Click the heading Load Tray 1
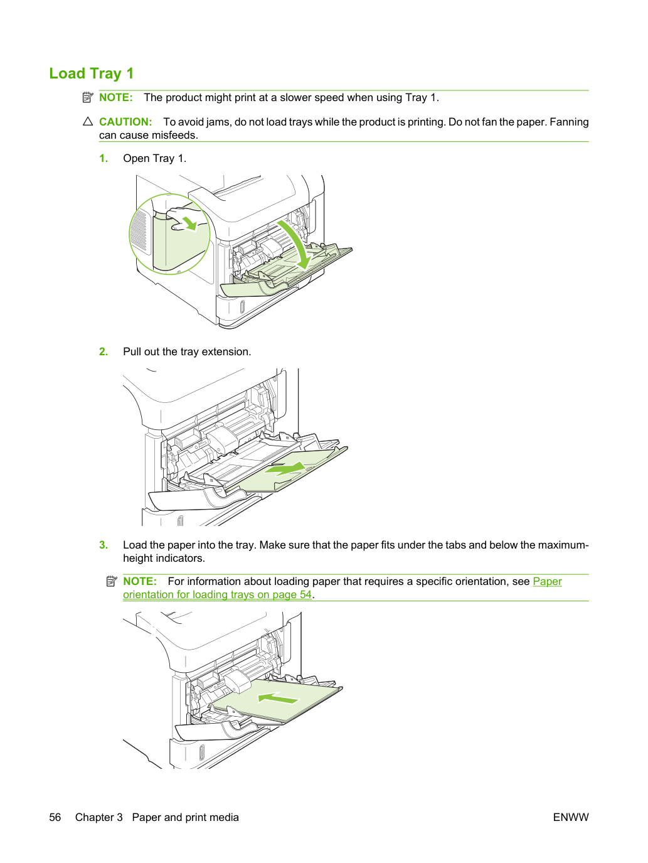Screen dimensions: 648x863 coord(91,73)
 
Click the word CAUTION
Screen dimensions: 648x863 coord(125,122)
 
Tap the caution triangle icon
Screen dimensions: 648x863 coord(88,122)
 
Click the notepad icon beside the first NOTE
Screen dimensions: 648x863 coord(88,97)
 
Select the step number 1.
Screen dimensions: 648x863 coord(104,158)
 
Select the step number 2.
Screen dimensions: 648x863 coord(104,351)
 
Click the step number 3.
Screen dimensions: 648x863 coord(104,545)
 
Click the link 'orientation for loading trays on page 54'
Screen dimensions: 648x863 coord(217,594)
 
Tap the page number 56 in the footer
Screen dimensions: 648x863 coord(55,817)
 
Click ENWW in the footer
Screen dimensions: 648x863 coord(571,817)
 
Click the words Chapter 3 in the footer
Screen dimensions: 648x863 coord(98,817)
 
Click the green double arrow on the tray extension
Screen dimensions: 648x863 coord(285,469)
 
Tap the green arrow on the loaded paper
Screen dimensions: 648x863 coord(279,699)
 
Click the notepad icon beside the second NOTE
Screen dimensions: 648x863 coord(112,581)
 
